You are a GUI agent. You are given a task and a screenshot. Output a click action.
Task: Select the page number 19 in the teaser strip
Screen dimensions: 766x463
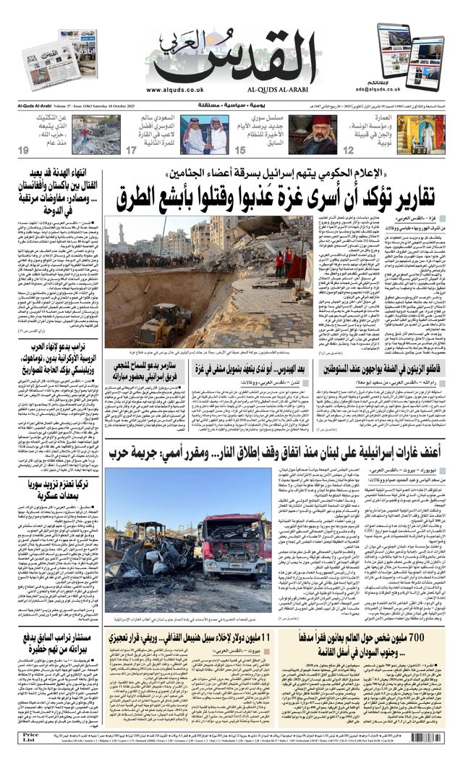coord(23,151)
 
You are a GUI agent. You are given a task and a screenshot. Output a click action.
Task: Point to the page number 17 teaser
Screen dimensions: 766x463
coord(131,151)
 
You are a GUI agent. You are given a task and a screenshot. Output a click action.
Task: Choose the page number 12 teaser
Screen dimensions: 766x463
coord(348,151)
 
